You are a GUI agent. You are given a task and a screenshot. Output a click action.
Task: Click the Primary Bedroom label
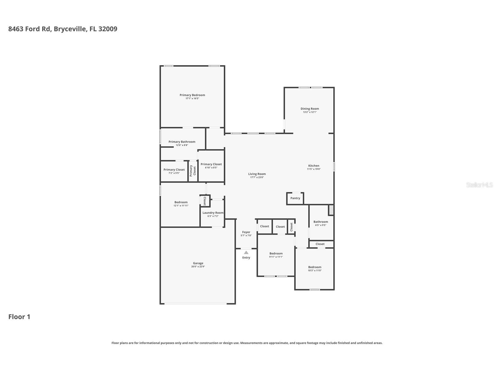point(192,95)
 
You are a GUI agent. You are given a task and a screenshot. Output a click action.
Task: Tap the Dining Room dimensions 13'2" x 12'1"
point(310,112)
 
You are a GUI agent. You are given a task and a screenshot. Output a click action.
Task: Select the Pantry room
point(295,198)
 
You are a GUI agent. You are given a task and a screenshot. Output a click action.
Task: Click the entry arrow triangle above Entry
point(246,252)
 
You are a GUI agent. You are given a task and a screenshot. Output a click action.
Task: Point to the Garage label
point(198,263)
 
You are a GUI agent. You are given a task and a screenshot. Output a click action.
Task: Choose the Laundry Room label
point(213,213)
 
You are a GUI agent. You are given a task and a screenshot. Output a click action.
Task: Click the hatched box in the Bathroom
point(331,210)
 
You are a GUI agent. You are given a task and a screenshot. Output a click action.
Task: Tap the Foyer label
point(246,232)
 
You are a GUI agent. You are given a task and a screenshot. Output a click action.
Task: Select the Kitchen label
point(314,166)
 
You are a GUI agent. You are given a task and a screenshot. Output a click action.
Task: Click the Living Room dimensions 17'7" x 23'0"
point(257,177)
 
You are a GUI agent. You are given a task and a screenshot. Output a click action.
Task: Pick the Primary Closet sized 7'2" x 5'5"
point(174,170)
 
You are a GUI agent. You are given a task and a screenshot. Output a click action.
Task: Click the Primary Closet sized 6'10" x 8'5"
point(211,164)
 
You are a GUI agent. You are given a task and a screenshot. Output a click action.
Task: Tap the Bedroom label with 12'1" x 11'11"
point(181,202)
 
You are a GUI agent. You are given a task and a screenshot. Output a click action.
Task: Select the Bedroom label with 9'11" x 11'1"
point(276,254)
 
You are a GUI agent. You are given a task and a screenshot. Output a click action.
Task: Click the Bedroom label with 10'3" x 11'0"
point(315,267)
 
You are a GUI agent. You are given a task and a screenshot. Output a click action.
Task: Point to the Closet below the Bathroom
point(320,244)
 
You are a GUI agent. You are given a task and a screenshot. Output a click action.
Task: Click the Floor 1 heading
point(19,317)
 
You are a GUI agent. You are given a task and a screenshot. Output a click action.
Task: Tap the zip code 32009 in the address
point(108,29)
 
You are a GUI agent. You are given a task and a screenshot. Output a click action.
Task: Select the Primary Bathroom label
point(182,142)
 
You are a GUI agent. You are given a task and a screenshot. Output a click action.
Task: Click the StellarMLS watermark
point(479,185)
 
